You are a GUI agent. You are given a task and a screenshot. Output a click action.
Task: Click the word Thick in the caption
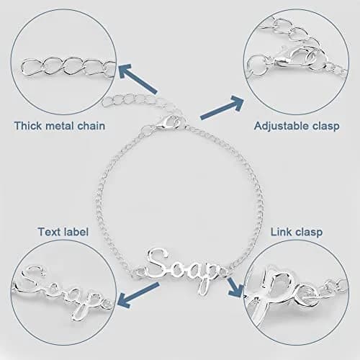28,126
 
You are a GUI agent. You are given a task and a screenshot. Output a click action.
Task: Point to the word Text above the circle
49,232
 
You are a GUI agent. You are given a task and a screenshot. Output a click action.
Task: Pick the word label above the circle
76,232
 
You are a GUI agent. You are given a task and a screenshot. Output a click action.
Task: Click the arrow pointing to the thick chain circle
138,78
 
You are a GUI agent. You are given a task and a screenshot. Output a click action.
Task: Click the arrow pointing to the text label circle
138,295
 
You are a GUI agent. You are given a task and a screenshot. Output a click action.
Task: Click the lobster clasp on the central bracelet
171,122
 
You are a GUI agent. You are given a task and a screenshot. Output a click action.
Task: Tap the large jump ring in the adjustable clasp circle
258,65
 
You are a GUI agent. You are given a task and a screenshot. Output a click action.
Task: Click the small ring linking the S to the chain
140,272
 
